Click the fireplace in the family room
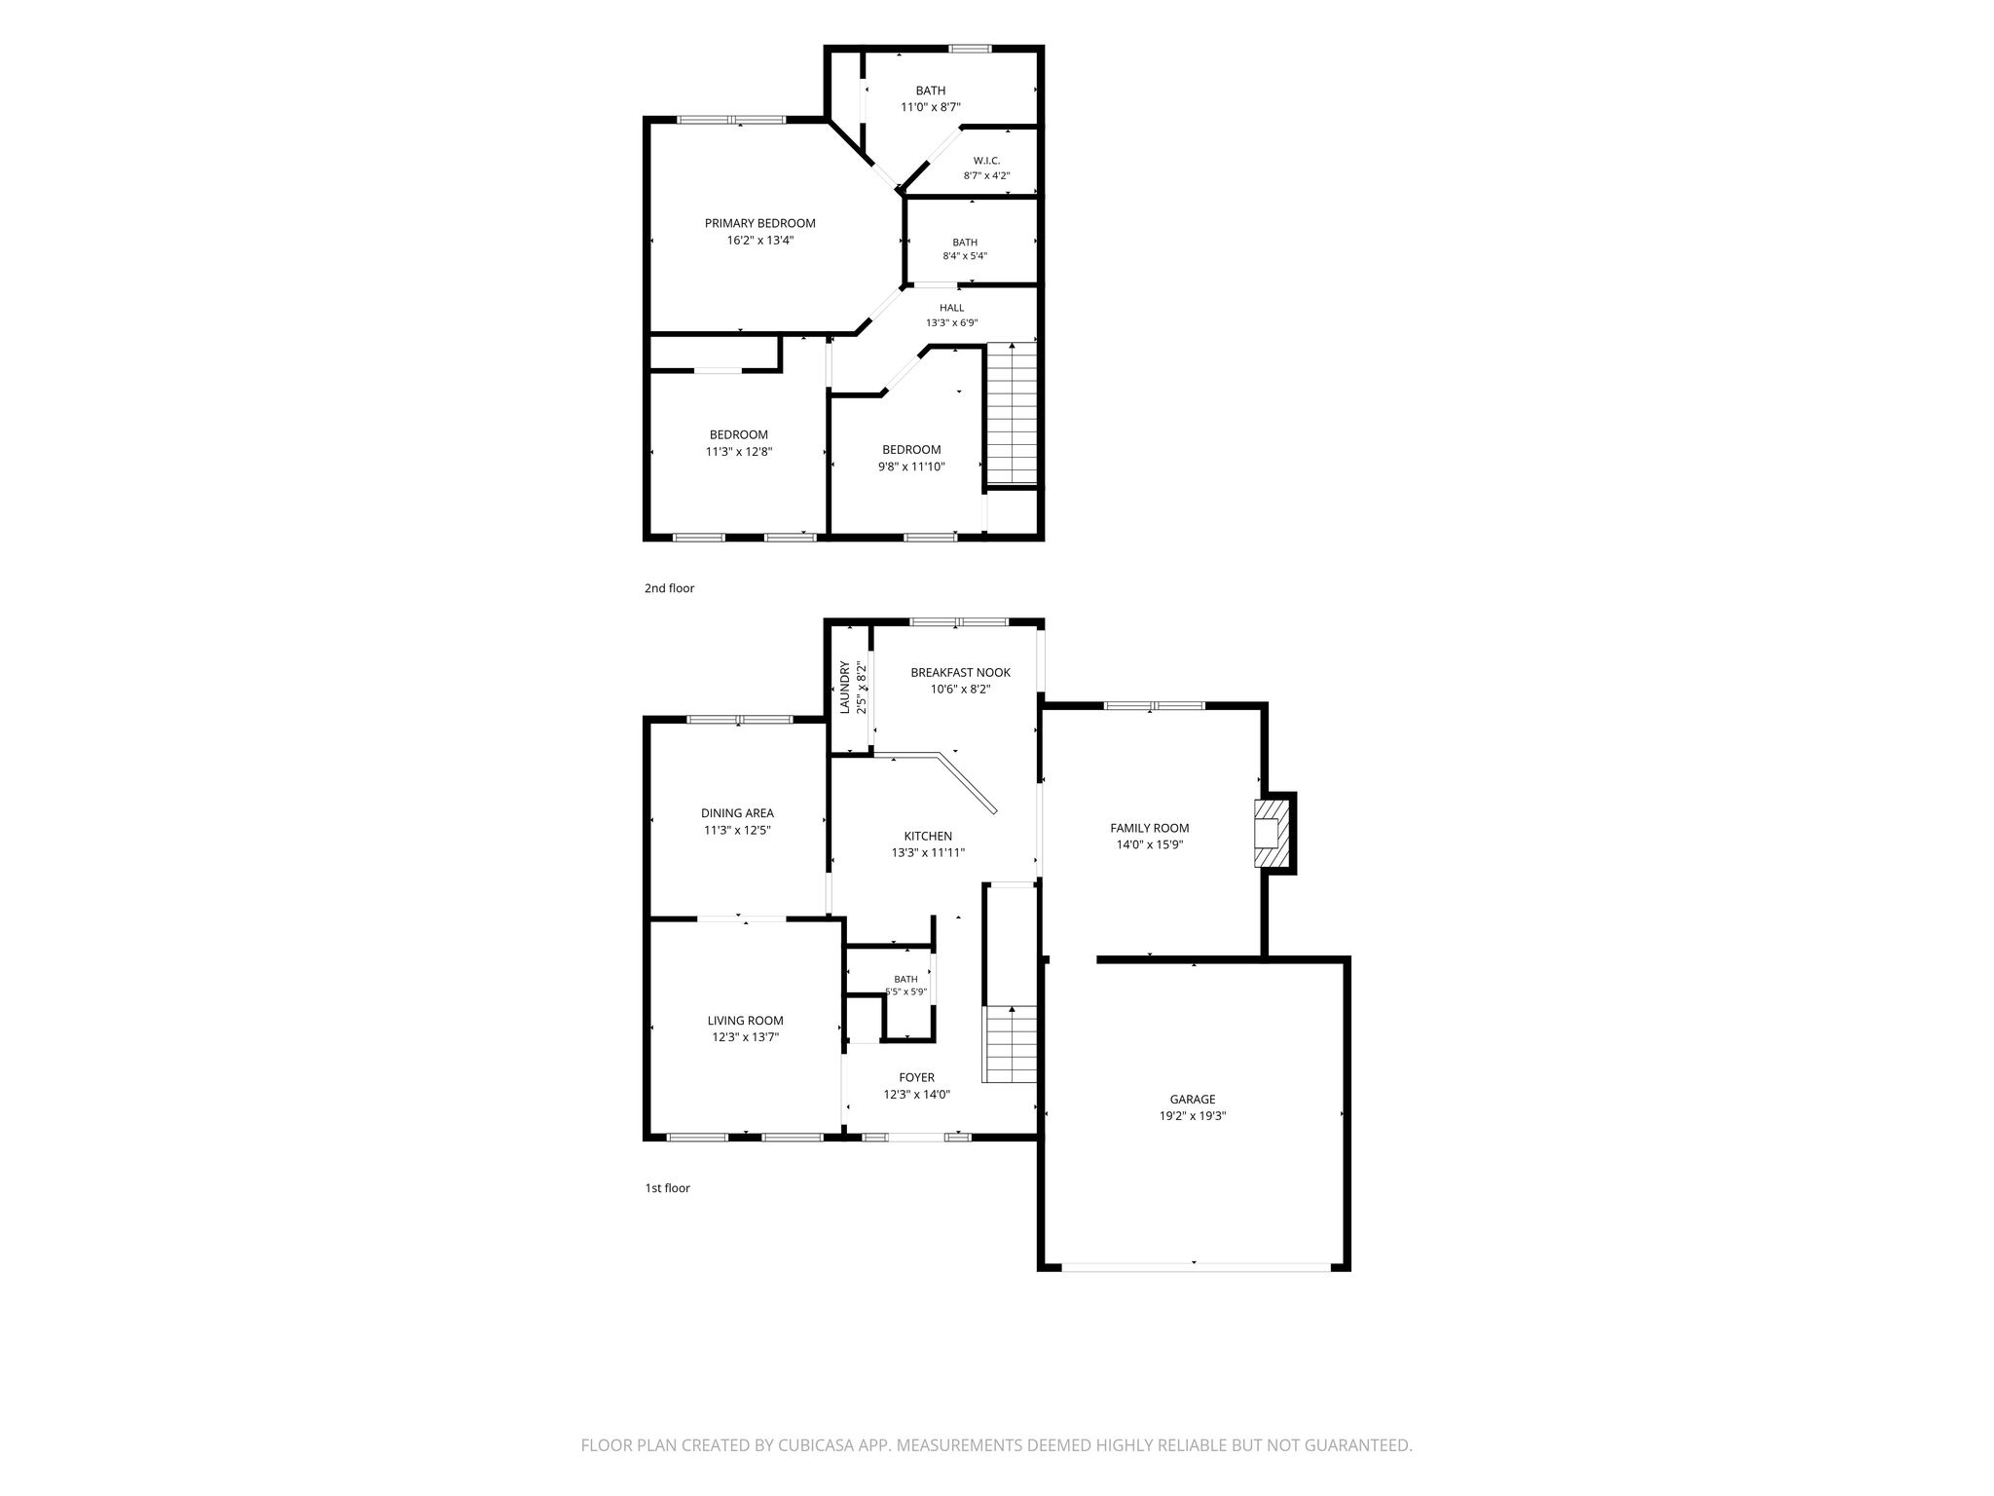pyautogui.click(x=1270, y=833)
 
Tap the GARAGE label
pyautogui.click(x=1193, y=1100)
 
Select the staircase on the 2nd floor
pyautogui.click(x=1012, y=413)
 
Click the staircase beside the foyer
pyautogui.click(x=1012, y=1045)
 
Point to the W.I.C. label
pyautogui.click(x=986, y=161)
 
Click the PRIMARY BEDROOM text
pyautogui.click(x=760, y=223)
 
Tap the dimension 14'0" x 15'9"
pyautogui.click(x=1150, y=845)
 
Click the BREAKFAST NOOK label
pyautogui.click(x=961, y=672)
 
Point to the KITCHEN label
pyautogui.click(x=928, y=836)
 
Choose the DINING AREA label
pyautogui.click(x=738, y=813)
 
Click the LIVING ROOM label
pyautogui.click(x=746, y=1021)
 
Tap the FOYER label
pyautogui.click(x=917, y=1077)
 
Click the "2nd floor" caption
pyautogui.click(x=670, y=588)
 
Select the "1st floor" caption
pyautogui.click(x=668, y=1188)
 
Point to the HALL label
pyautogui.click(x=952, y=308)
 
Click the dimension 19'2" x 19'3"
pyautogui.click(x=1193, y=1116)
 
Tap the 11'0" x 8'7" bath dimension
pyautogui.click(x=931, y=107)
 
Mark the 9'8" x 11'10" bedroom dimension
pyautogui.click(x=911, y=467)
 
